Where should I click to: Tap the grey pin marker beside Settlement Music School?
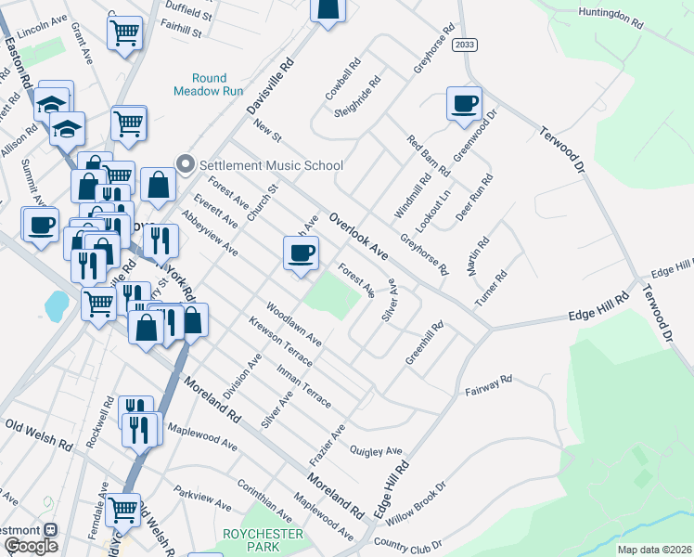pos(185,165)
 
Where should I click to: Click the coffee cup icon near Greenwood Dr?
pos(464,103)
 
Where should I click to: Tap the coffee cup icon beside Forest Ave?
pos(300,253)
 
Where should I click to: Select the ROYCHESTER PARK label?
pos(263,540)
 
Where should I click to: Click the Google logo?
pos(31,546)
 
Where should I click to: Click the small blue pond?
pos(56,304)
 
